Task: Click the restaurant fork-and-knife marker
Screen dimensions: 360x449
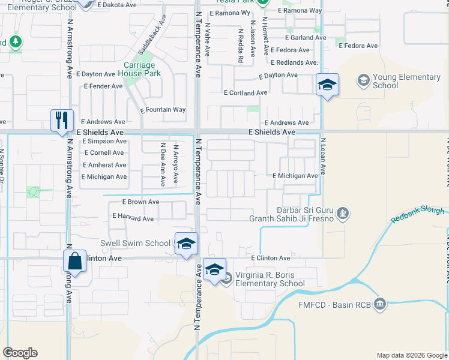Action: coord(62,120)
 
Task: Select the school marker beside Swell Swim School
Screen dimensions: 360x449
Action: coord(186,244)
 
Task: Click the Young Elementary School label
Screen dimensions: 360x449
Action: coord(406,81)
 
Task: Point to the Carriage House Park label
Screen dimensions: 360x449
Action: coord(139,69)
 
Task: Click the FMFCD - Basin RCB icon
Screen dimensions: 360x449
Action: coord(379,304)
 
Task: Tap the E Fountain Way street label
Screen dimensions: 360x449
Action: coord(163,110)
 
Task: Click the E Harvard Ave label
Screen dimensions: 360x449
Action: coord(133,218)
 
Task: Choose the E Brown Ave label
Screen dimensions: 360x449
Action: coord(140,202)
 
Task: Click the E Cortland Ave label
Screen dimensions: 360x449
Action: coord(245,93)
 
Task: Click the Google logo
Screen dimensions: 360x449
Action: coord(20,353)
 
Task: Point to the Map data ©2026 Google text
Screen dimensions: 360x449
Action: coord(411,355)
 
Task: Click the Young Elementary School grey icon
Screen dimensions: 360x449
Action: coord(363,80)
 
